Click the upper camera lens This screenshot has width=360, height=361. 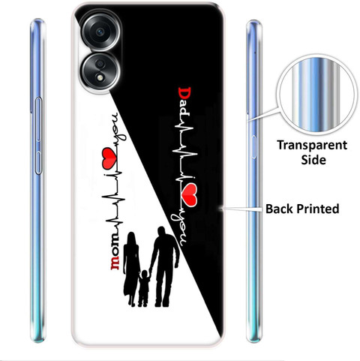[101, 32]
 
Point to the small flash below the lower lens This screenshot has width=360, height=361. [100, 78]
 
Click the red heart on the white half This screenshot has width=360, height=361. [109, 157]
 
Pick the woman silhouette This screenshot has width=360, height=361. [131, 269]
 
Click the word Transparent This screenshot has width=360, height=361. [312, 146]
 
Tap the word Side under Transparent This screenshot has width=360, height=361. [313, 160]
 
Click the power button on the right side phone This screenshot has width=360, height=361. [254, 147]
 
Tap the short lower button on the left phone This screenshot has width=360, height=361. [37, 163]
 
